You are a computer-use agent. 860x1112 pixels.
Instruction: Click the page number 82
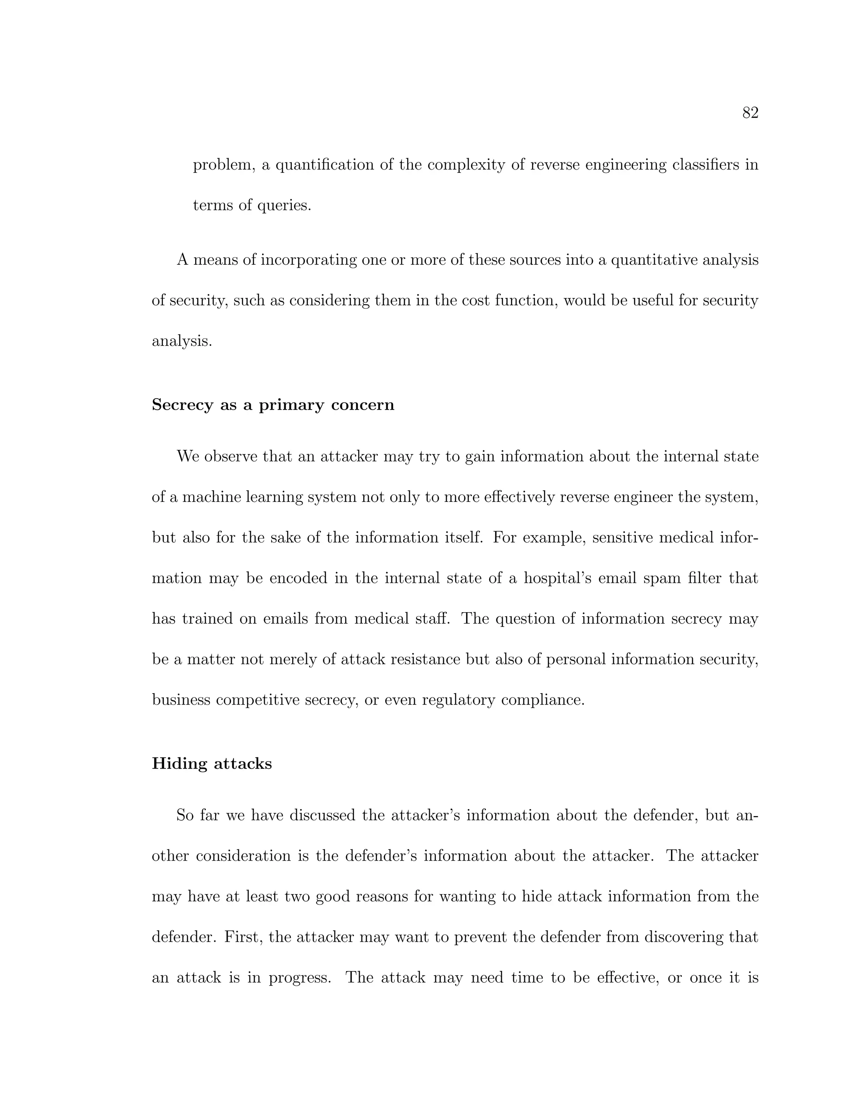click(750, 112)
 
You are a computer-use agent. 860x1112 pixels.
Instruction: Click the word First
click(243, 937)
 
